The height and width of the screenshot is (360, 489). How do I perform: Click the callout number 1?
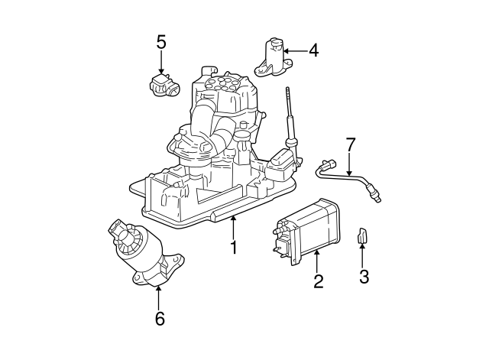point(234,247)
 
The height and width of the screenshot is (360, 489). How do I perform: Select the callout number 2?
point(319,281)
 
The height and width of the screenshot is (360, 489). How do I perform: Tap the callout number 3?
point(364,276)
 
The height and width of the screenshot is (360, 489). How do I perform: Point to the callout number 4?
point(313,51)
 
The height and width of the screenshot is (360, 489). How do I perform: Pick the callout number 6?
point(159,318)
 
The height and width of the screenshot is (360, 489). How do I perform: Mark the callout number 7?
point(351,144)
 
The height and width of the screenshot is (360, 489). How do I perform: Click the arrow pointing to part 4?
point(296,51)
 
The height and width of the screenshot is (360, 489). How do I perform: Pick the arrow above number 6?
point(159,297)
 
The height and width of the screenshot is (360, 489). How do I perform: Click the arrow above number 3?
point(364,256)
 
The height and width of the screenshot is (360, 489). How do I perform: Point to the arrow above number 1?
point(234,227)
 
